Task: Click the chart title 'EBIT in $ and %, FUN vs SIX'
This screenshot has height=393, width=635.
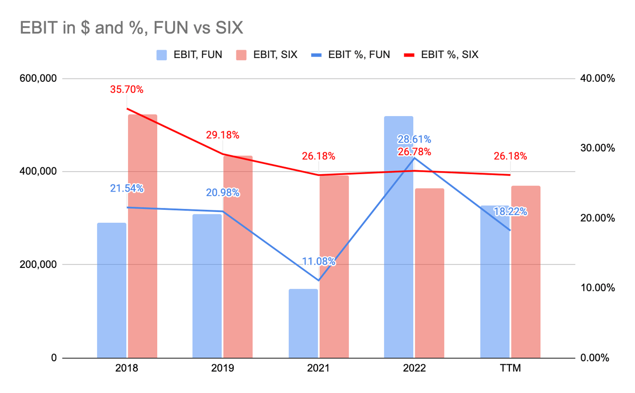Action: coord(131,28)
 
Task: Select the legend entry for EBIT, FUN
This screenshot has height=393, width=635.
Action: coord(189,55)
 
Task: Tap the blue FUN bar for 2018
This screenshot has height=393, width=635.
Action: coord(112,290)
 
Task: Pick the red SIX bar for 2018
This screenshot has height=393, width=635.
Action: coord(142,236)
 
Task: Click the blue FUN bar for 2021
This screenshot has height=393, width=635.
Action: coord(303,323)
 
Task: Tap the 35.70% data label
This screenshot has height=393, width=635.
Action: coord(127,90)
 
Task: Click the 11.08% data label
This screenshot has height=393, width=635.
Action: coord(318,261)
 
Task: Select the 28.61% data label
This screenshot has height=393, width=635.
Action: coord(414,139)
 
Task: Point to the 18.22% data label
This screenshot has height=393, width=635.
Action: coord(510,212)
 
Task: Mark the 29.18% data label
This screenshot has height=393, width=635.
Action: coord(222,135)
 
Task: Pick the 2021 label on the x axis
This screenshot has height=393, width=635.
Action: coord(318,369)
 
